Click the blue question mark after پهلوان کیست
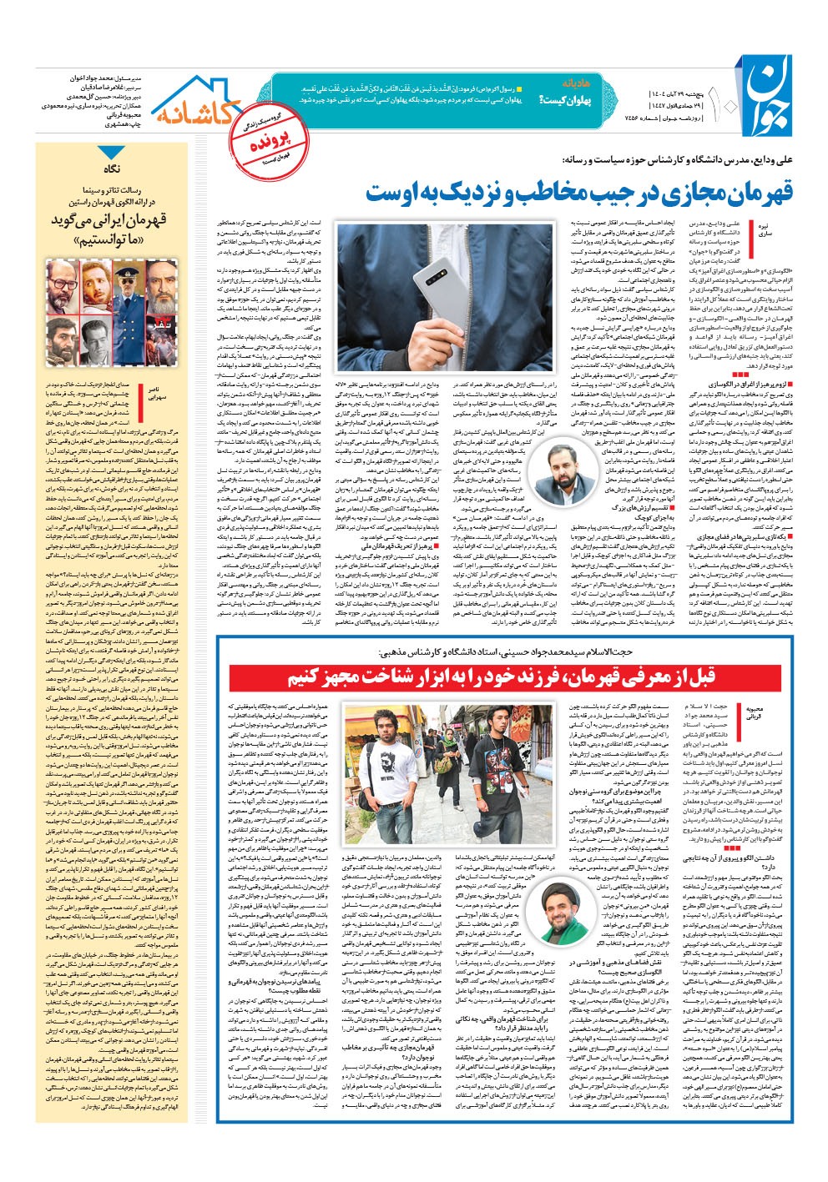click(x=543, y=100)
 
